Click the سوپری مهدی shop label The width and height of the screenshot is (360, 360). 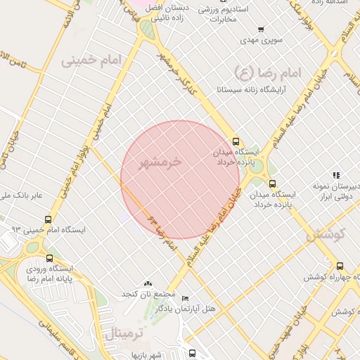pos(261,40)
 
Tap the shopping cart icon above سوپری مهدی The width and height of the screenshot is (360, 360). pos(261,30)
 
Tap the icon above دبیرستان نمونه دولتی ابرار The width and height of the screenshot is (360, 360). pos(336,174)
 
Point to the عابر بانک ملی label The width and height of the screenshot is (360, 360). pos(21,195)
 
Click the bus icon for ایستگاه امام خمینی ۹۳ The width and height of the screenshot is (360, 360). pos(48,219)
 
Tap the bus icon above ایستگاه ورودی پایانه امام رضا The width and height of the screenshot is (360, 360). pos(49,257)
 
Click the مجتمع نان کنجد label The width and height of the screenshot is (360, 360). pos(147,292)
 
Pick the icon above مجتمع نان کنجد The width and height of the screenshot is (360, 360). pos(147,282)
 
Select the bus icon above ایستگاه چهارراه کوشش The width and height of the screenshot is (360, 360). pos(340,266)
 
